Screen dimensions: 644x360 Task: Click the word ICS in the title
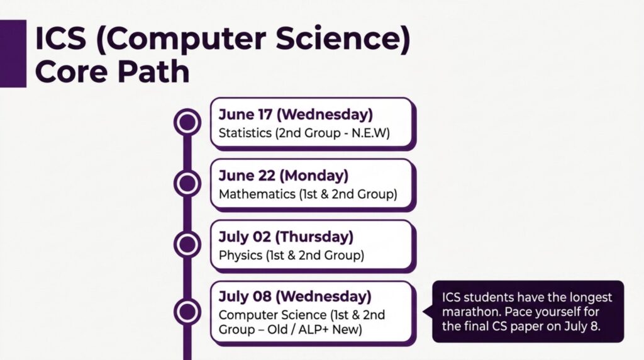[x=61, y=38]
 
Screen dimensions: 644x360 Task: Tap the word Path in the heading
[x=153, y=71]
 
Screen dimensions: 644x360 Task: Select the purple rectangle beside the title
[x=13, y=53]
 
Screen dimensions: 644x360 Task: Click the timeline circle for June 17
[x=187, y=122]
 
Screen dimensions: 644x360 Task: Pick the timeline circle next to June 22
[x=187, y=183]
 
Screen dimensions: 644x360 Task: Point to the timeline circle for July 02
[x=187, y=244]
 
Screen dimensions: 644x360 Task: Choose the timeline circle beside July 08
[x=187, y=312]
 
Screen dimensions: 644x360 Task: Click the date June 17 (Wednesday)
[x=296, y=115]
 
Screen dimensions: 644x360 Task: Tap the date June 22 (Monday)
[x=284, y=176]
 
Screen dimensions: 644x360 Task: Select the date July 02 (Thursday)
[x=286, y=237]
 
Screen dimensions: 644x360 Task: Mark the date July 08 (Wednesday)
[x=295, y=296]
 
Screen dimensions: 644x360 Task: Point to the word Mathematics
[x=257, y=194]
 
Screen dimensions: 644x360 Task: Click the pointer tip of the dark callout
[x=423, y=312]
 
